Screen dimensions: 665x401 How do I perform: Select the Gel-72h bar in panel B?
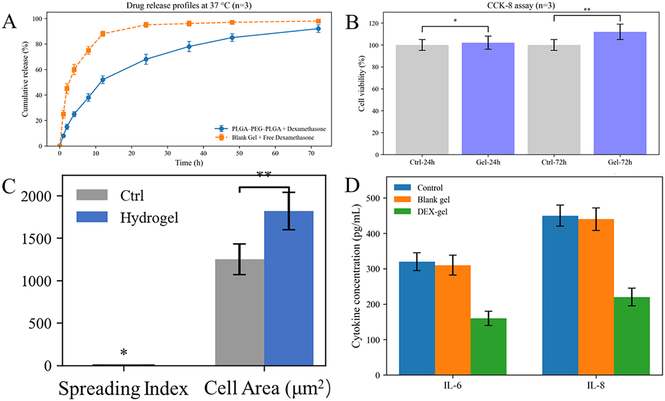click(620, 93)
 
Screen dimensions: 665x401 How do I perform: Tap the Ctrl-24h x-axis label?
click(422, 162)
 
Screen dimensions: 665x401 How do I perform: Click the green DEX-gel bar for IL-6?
click(488, 347)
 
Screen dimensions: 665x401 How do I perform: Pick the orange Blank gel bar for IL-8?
click(596, 297)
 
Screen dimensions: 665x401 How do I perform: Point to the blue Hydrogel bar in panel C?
click(289, 289)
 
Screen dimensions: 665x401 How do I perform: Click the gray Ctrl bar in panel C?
click(239, 312)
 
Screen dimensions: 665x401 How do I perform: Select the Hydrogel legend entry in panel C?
click(128, 217)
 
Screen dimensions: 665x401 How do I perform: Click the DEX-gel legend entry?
click(421, 212)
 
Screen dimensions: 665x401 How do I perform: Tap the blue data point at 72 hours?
click(318, 29)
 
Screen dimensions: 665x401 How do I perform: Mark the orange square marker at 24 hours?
click(146, 25)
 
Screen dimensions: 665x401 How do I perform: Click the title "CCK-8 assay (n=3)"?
click(521, 5)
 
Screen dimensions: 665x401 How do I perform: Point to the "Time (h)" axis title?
click(189, 162)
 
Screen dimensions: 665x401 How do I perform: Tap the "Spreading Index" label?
click(123, 389)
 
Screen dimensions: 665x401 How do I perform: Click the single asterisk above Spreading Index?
click(123, 352)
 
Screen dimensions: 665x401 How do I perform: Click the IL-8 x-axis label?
click(596, 385)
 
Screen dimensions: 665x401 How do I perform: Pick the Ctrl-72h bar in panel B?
click(554, 100)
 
